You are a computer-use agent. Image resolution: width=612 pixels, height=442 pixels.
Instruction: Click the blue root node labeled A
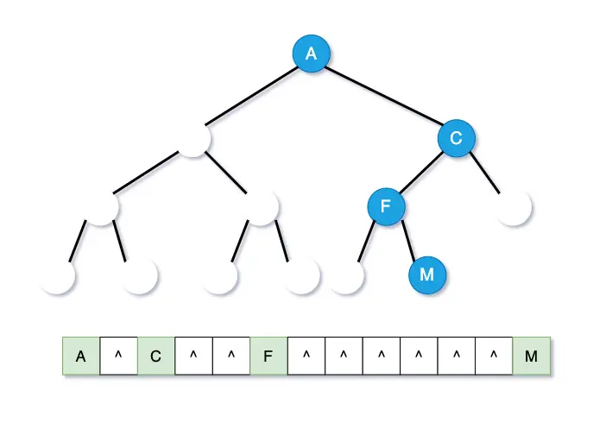(x=311, y=54)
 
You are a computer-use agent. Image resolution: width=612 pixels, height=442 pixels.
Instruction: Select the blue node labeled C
(x=456, y=137)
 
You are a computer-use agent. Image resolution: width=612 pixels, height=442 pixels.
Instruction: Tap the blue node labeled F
(x=386, y=206)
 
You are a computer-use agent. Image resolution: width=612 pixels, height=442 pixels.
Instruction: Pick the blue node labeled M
(x=426, y=275)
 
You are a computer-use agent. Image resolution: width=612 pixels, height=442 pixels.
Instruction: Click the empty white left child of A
(x=193, y=139)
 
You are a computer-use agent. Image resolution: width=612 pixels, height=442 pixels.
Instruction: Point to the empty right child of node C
(x=514, y=208)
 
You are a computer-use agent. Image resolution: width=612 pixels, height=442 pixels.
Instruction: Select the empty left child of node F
(x=346, y=276)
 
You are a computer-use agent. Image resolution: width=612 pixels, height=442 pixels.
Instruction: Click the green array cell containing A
(x=81, y=356)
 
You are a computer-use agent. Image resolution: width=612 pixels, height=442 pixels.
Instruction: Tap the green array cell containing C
(x=156, y=356)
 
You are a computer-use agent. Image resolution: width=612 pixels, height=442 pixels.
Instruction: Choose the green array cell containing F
(x=268, y=356)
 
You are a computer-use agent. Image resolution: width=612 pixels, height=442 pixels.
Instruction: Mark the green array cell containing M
(x=531, y=356)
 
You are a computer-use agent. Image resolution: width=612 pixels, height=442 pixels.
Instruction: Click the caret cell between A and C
(x=118, y=356)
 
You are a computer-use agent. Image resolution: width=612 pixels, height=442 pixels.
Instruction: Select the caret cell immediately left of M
(x=494, y=356)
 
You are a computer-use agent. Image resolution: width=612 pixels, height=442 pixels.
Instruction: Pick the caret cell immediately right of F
(x=306, y=356)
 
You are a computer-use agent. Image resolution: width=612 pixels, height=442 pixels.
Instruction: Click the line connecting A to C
(x=383, y=96)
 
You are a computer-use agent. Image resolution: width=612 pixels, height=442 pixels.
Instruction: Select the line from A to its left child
(x=250, y=98)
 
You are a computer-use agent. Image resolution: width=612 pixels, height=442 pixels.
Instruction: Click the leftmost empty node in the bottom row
(x=58, y=276)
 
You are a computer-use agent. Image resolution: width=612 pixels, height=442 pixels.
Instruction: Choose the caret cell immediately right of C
(x=193, y=356)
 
